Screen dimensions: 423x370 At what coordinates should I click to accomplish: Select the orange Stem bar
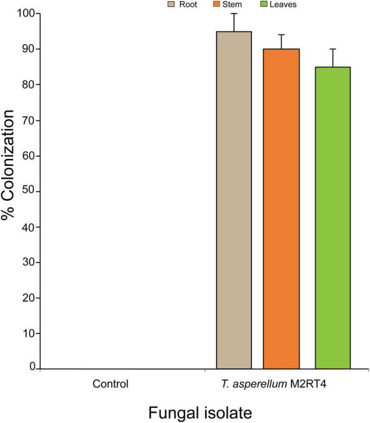click(x=282, y=209)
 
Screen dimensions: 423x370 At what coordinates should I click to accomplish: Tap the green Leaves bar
click(x=333, y=218)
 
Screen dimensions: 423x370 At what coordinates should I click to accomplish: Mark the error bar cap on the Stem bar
click(x=282, y=35)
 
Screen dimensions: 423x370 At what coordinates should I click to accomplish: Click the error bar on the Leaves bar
click(x=333, y=58)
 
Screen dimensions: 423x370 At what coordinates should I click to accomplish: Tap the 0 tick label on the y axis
click(x=31, y=368)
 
